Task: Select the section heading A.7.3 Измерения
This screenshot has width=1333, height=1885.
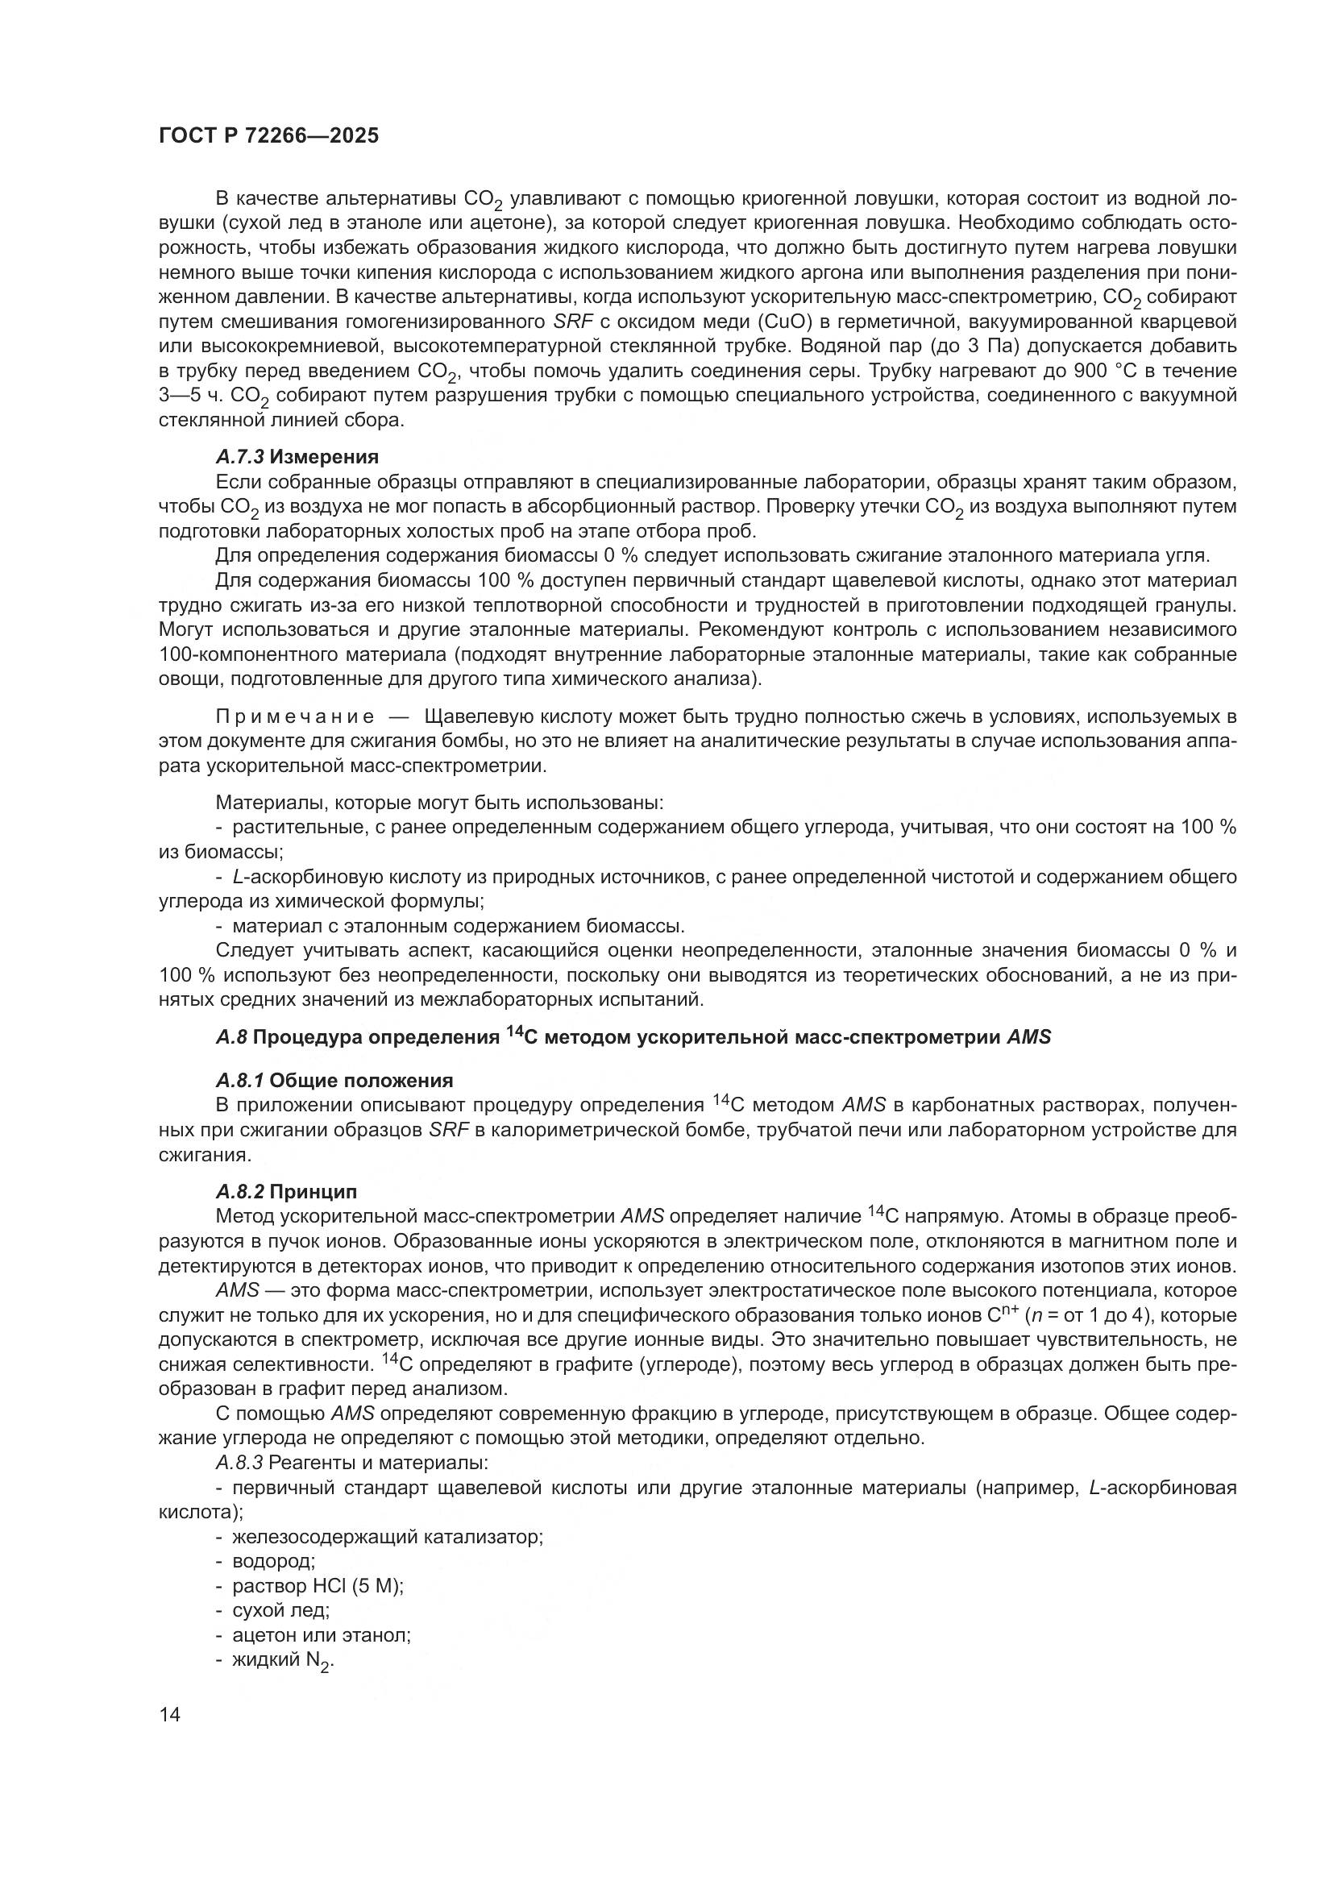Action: [297, 456]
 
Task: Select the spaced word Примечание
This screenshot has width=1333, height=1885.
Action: [296, 716]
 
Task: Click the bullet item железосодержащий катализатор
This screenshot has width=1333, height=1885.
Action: [388, 1536]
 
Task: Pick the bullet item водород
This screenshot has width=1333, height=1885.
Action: [273, 1561]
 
